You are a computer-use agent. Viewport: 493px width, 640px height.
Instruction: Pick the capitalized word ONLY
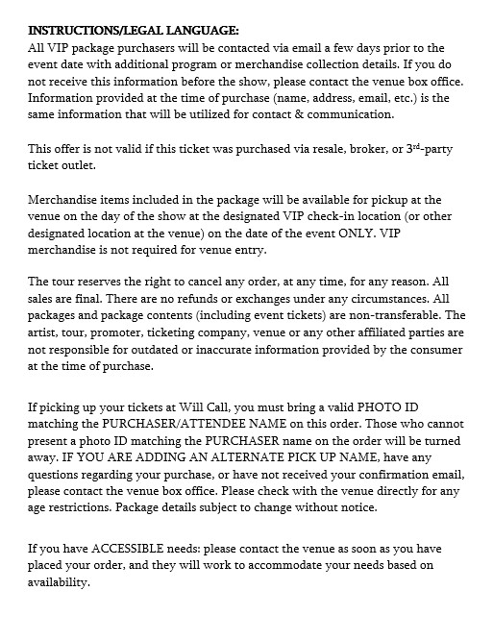point(357,234)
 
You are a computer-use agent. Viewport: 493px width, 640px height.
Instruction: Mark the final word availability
point(59,582)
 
